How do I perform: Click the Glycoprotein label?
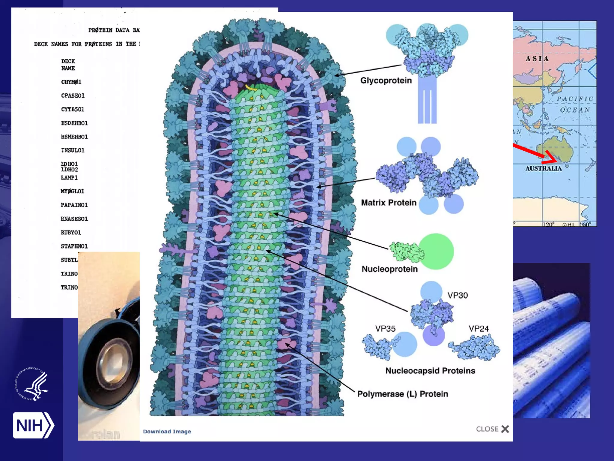coord(386,80)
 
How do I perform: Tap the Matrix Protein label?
coord(389,203)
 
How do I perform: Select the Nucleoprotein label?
coord(389,269)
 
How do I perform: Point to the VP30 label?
coord(458,295)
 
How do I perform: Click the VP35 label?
coord(385,329)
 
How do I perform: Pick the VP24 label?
coord(478,329)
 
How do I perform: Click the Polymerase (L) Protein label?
coord(402,394)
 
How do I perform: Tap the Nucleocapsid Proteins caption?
coord(430,371)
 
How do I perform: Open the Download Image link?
coord(167,432)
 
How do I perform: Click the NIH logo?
coord(33,425)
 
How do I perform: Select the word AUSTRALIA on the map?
coord(543,168)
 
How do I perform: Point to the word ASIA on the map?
coord(537,59)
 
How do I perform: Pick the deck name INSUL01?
coord(73,150)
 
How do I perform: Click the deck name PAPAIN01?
coord(74,205)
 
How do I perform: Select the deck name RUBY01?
coord(71,233)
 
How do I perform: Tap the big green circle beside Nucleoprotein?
coord(436,252)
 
